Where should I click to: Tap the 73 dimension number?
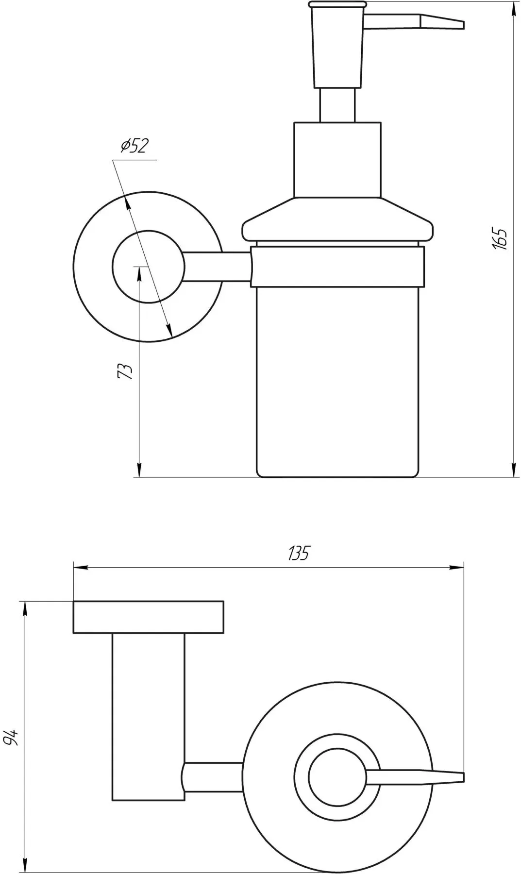(125, 370)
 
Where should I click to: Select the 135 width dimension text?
(298, 553)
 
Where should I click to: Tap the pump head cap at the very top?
(336, 5)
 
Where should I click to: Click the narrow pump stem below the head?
(337, 105)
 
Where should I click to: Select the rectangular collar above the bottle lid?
(337, 160)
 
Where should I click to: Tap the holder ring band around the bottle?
(337, 266)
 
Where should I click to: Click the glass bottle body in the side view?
(337, 379)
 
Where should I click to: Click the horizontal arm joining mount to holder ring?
(216, 266)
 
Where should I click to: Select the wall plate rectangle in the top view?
(148, 617)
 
